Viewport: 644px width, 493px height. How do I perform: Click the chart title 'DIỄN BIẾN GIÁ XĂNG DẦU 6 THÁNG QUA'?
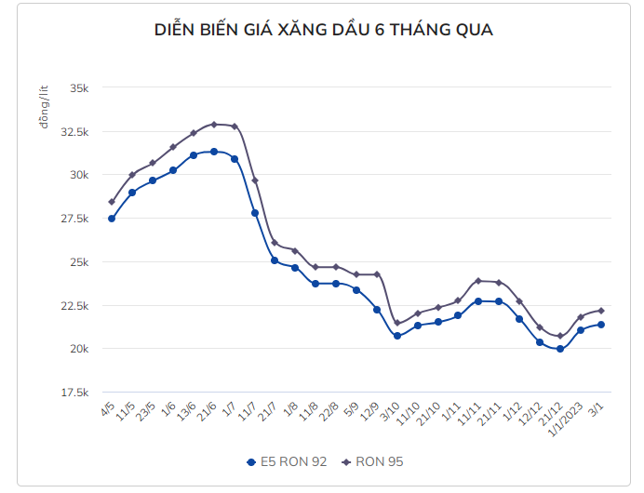pos(323,31)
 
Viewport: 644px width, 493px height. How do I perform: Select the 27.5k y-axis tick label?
pos(74,219)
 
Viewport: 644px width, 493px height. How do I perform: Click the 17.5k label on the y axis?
pos(74,393)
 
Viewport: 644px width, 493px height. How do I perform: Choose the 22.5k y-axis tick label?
pos(74,305)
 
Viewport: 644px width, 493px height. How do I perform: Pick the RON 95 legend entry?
pos(373,461)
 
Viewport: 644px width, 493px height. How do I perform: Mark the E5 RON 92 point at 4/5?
pos(112,219)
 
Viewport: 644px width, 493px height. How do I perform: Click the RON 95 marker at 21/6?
pos(214,124)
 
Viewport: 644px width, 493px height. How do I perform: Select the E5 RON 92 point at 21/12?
pos(560,349)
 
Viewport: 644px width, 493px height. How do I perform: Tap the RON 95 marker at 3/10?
pos(397,323)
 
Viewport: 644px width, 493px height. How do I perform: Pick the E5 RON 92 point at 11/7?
pos(255,213)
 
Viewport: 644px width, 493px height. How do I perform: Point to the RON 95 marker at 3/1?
pos(601,311)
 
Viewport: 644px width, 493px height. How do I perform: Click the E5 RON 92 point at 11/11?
pos(478,300)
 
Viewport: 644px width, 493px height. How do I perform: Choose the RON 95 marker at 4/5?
pos(112,201)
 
